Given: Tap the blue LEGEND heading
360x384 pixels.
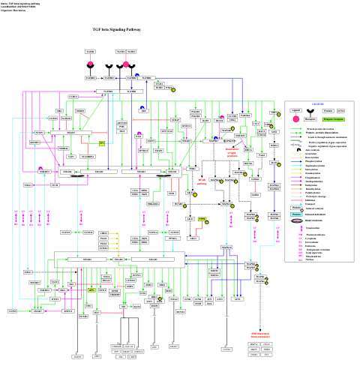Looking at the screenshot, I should pyautogui.click(x=317, y=103).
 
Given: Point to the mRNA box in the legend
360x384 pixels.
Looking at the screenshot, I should pyautogui.click(x=341, y=110).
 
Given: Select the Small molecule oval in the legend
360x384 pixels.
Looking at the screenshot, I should pyautogui.click(x=297, y=221).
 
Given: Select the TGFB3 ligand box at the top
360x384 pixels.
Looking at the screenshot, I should pyautogui.click(x=91, y=52).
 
